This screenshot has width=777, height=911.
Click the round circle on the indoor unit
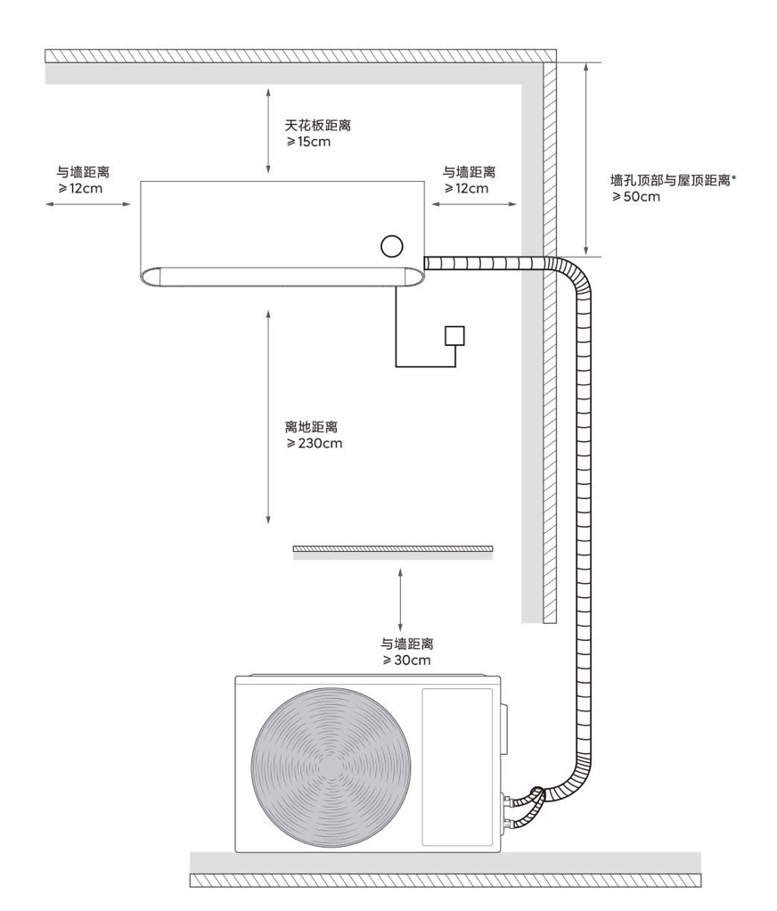tap(392, 246)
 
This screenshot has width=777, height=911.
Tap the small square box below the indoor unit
tap(455, 335)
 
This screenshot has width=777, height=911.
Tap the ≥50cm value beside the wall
tap(636, 196)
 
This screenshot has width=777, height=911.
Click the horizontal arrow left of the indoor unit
tap(86, 204)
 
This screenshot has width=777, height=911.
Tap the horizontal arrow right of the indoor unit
tap(473, 204)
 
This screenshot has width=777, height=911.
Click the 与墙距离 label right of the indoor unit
tap(469, 172)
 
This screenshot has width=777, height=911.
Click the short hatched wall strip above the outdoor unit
tap(393, 548)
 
